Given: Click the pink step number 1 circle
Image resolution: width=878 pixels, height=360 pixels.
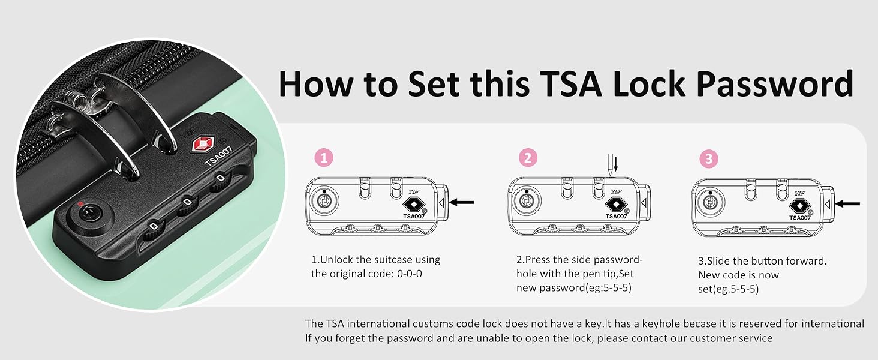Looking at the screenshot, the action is pyautogui.click(x=324, y=158).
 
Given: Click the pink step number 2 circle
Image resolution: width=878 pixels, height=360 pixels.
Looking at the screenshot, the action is pyautogui.click(x=528, y=158).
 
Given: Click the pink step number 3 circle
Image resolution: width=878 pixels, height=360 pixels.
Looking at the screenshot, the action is pyautogui.click(x=709, y=159).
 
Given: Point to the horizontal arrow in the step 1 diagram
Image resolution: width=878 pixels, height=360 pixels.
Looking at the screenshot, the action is pyautogui.click(x=461, y=202).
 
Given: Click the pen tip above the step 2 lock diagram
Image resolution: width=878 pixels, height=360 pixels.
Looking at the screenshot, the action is pyautogui.click(x=611, y=165).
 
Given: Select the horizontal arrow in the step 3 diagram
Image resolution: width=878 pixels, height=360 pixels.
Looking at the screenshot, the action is pyautogui.click(x=847, y=204).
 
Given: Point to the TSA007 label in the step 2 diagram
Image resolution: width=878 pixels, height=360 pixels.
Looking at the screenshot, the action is pyautogui.click(x=616, y=216).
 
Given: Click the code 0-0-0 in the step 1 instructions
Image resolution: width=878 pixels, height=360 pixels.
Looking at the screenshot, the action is pyautogui.click(x=409, y=274).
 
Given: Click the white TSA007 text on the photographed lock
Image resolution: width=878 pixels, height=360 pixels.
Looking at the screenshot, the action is pyautogui.click(x=219, y=156).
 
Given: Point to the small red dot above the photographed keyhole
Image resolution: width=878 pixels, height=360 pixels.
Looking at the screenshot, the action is pyautogui.click(x=80, y=204).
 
